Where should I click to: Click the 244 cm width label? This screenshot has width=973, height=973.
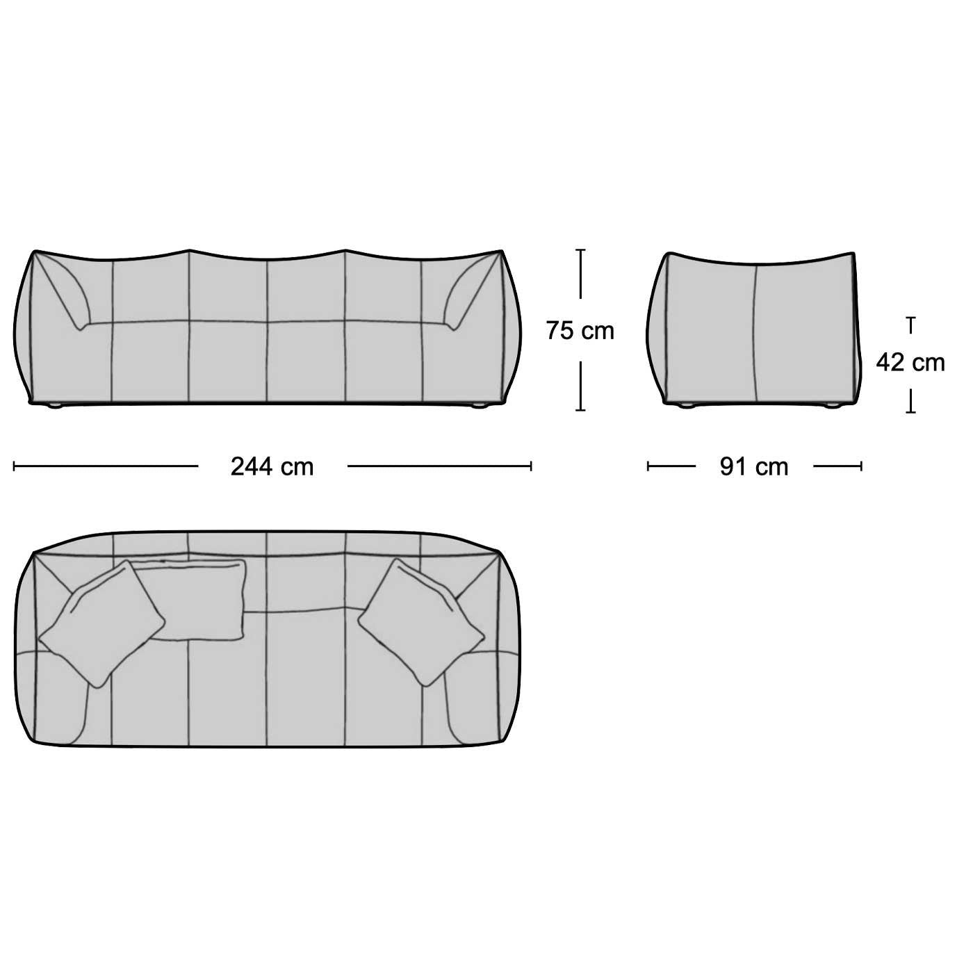272,466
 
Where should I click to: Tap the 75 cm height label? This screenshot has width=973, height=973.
580,330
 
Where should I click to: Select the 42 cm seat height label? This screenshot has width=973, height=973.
910,363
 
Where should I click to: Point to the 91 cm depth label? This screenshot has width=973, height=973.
754,466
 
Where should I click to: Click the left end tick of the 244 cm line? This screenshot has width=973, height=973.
15,466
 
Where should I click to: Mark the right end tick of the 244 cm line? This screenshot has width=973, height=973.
531,466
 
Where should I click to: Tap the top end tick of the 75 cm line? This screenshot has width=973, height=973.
581,250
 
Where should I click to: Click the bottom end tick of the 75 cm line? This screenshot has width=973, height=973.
581,410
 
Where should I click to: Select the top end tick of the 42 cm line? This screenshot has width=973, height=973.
910,318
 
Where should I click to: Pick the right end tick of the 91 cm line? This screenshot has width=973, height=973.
861,466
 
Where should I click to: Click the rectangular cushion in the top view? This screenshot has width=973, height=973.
198,598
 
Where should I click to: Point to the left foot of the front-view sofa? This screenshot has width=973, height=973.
54,406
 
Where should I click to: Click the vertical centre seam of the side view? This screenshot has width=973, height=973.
755,334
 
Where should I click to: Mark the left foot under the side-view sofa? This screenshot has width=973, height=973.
687,406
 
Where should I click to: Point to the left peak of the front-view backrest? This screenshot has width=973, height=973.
188,250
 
